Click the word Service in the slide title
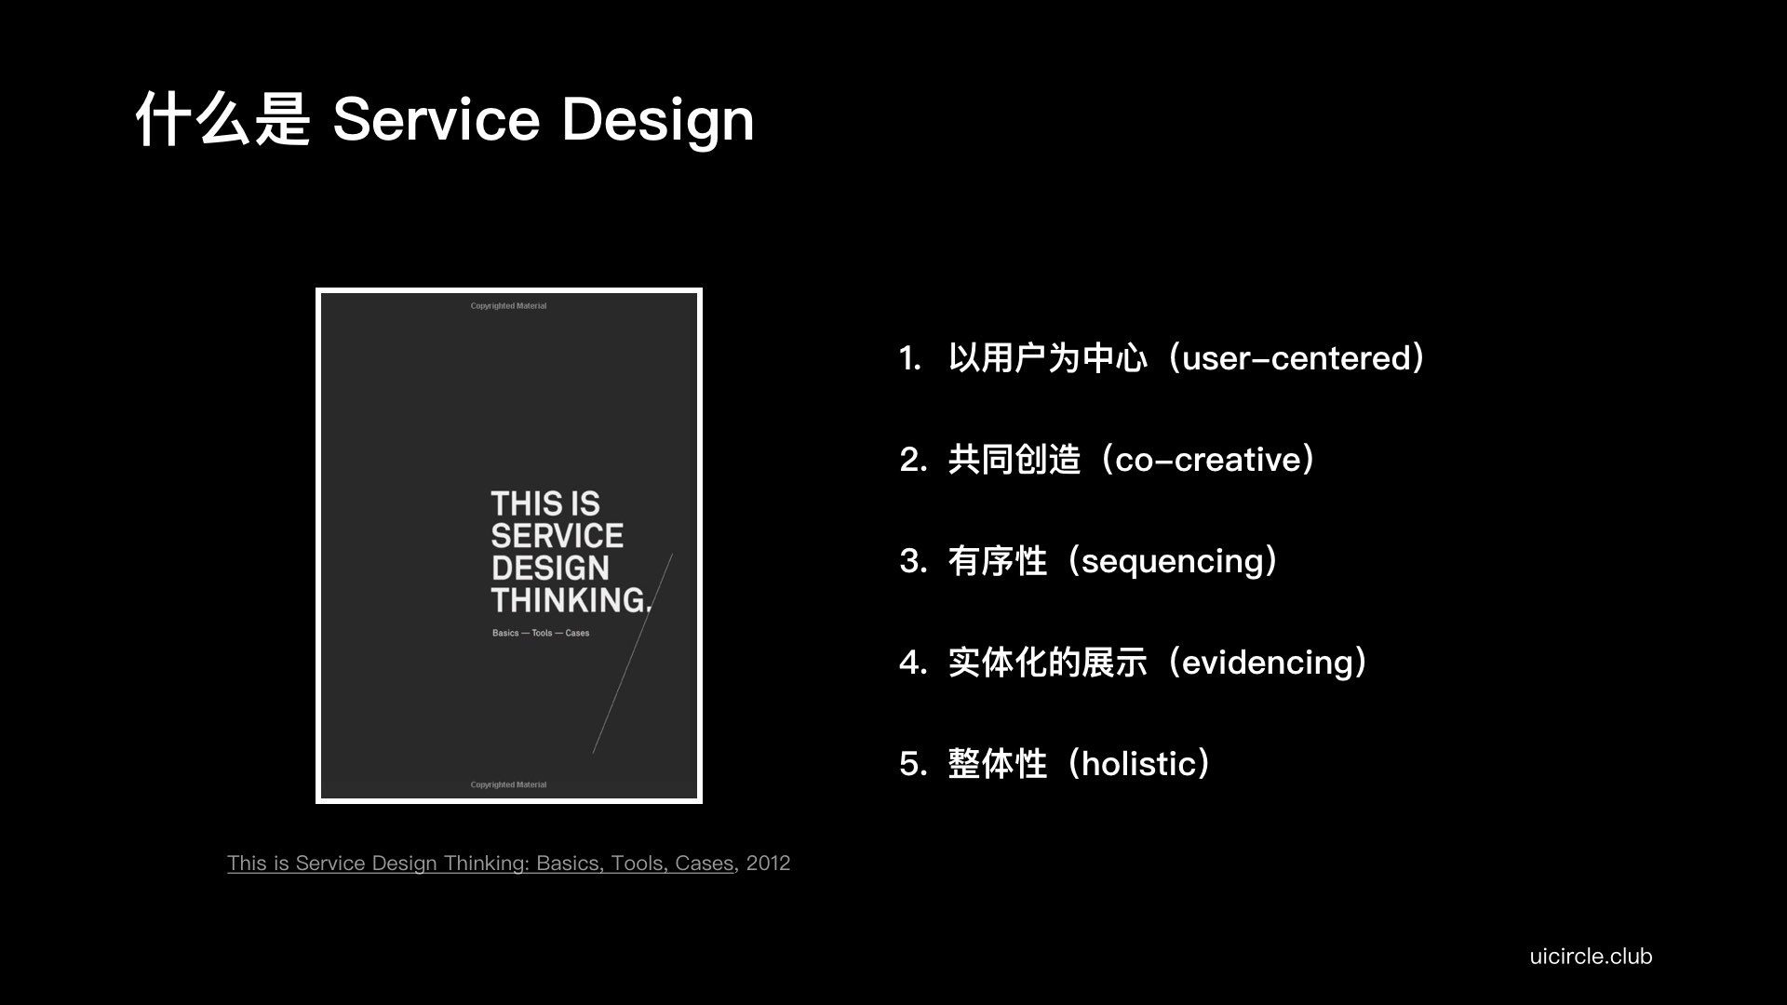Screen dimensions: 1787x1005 pos(436,119)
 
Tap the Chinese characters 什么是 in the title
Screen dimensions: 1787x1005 pos(222,119)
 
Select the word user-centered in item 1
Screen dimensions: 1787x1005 pos(1297,358)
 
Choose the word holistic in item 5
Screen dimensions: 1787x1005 pos(1138,764)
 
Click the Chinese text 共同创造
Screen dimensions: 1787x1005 pos(1014,460)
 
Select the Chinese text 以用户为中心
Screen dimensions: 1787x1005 pos(1048,358)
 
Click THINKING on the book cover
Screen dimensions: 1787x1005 pos(571,600)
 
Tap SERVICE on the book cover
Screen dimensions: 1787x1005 pos(557,536)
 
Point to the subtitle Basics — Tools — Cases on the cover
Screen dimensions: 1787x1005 pos(541,633)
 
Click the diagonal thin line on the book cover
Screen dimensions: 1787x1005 pos(633,653)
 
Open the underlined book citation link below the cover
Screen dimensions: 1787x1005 pos(480,864)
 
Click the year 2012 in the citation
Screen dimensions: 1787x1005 pos(768,864)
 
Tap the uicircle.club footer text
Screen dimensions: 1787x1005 pos(1591,956)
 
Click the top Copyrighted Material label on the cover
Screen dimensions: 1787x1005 pos(508,306)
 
